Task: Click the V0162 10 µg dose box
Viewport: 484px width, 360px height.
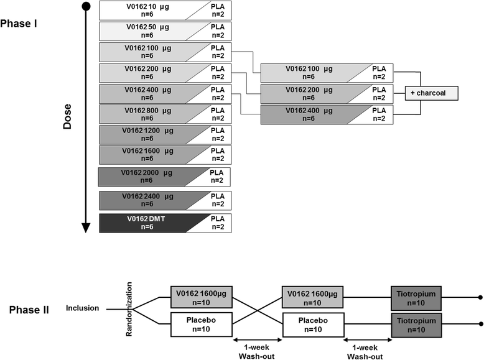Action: tap(149, 10)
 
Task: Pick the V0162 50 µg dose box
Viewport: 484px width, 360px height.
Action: tap(149, 31)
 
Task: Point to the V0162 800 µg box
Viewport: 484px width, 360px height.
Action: tap(149, 114)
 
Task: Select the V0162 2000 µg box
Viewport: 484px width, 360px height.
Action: tap(149, 178)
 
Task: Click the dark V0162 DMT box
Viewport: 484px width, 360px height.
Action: tap(149, 223)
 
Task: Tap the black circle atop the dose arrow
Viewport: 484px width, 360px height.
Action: tap(86, 7)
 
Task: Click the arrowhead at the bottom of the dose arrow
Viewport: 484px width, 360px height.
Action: tap(86, 228)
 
